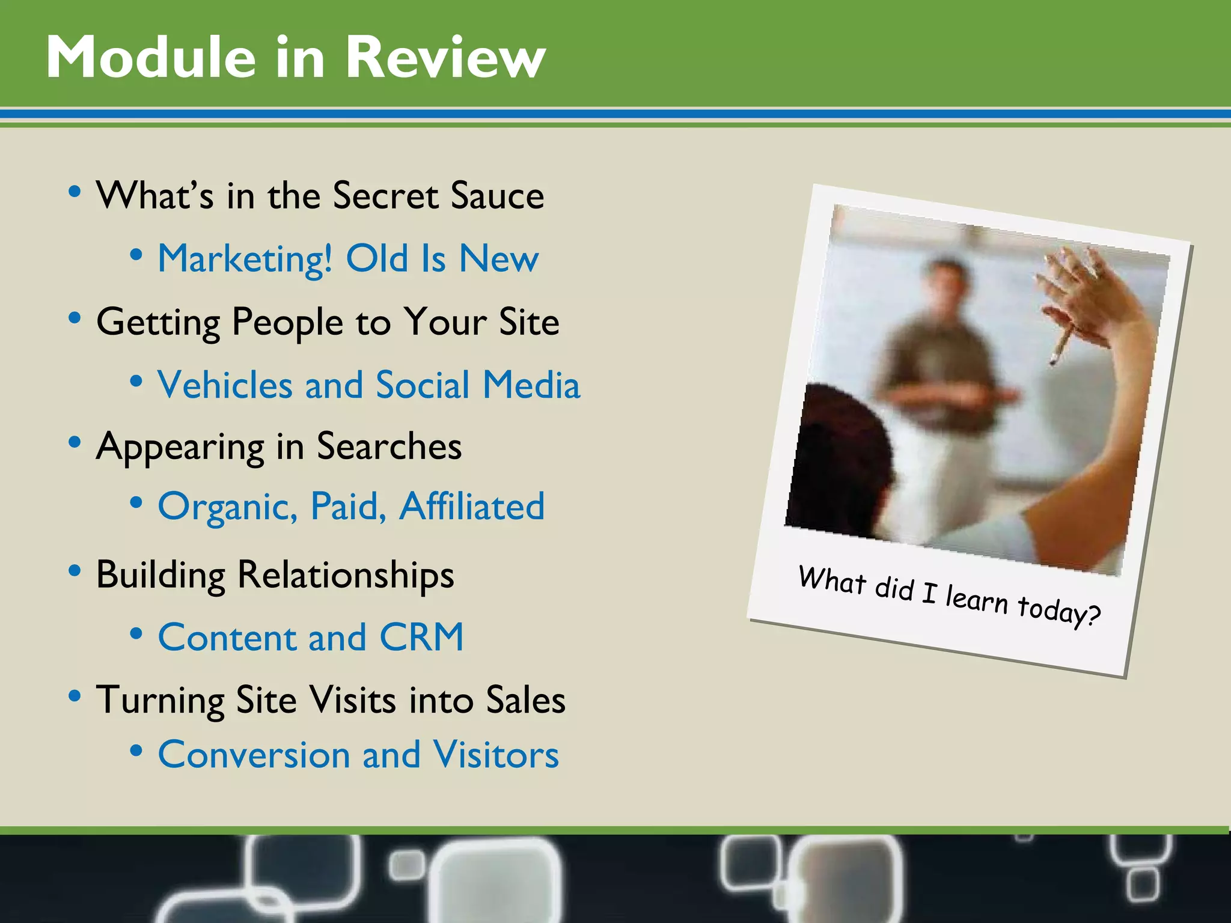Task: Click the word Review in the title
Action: pos(445,57)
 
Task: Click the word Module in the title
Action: pos(151,57)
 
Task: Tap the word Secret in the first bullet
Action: pos(385,196)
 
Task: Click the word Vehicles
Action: pos(225,385)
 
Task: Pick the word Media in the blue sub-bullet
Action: pos(531,385)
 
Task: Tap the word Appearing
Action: pos(180,448)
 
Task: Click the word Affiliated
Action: pos(472,507)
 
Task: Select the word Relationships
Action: pos(346,575)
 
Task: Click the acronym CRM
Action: pos(421,637)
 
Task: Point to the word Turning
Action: pos(160,701)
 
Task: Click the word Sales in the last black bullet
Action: pos(525,700)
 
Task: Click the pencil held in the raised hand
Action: pos(1063,346)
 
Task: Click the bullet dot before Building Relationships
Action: pos(75,570)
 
